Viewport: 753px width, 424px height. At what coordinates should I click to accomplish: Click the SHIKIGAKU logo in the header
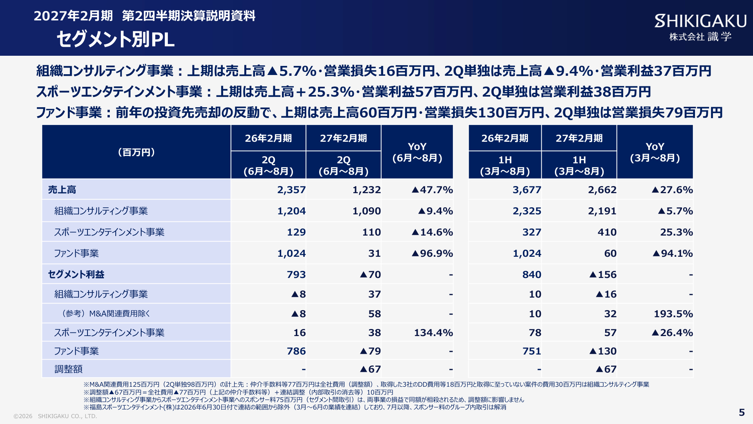coord(700,27)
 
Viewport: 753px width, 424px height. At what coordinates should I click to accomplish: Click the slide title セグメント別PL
coord(116,39)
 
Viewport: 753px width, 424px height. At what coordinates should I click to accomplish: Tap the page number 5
coord(742,413)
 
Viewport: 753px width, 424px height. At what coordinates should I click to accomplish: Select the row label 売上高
coord(62,190)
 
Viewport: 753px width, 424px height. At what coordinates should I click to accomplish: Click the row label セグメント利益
coord(76,274)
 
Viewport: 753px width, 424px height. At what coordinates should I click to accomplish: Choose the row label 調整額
coord(68,369)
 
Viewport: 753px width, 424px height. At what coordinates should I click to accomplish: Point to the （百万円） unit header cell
coord(136,152)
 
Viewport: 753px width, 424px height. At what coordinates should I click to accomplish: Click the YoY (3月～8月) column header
coord(655,152)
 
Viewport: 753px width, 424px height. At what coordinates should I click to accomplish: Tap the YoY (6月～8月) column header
coord(417,152)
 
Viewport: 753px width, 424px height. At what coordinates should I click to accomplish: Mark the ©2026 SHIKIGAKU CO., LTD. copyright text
coord(55,416)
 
